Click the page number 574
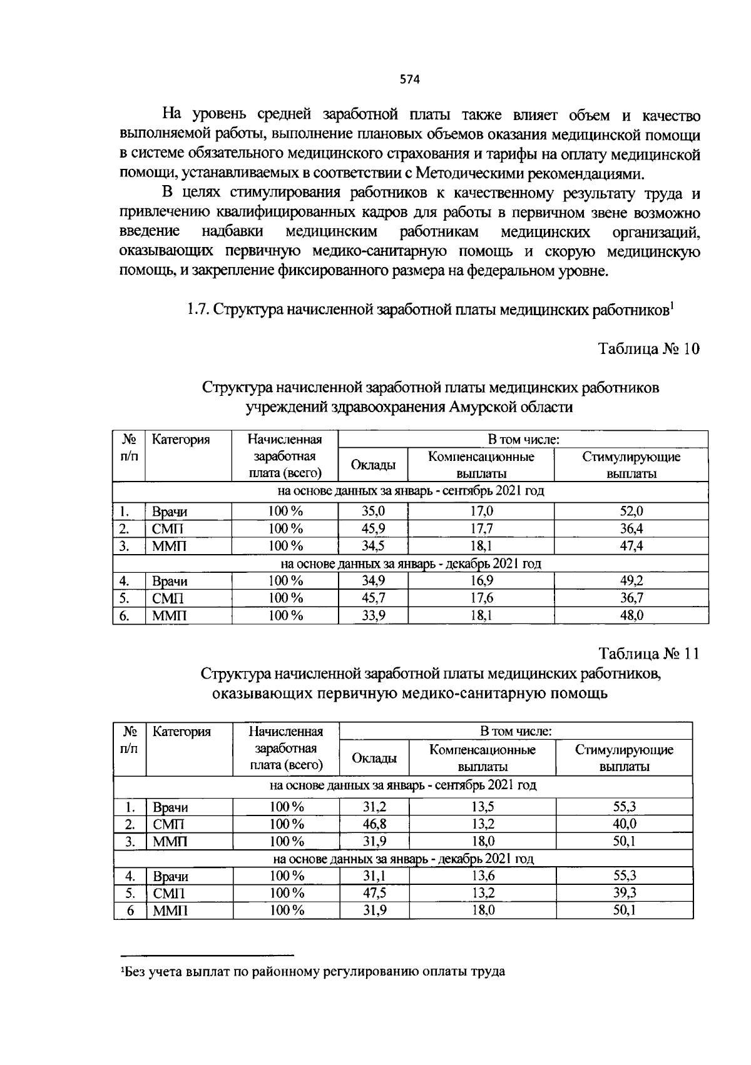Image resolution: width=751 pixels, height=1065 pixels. pos(409,79)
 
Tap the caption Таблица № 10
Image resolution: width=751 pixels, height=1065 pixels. pos(648,349)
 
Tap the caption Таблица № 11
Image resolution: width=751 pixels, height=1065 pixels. pos(648,654)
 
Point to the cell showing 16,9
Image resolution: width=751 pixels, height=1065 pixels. pos(481,581)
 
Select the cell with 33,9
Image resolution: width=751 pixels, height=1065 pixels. pos(373,616)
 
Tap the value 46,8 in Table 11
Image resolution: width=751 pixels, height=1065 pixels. pos(374,824)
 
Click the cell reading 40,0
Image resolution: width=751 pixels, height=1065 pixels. pos(624,824)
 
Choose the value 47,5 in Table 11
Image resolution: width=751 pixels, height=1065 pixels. pos(374,893)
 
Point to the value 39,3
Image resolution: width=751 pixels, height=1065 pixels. pos(624,893)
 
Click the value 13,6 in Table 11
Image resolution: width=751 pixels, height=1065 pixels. pos(483,876)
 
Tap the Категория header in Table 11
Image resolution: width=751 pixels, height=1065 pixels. pos(181,732)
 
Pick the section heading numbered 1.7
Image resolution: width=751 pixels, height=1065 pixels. pos(429,310)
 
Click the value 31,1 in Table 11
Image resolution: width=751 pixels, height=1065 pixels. pos(374,876)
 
